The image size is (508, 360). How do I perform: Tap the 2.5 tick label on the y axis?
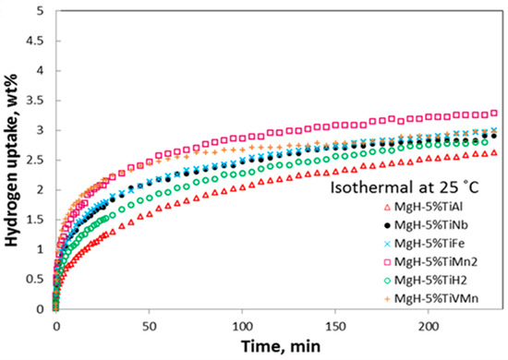coord(35,161)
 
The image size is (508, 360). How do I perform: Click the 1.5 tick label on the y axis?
coord(35,220)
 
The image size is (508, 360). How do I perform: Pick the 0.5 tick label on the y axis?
coord(35,280)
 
